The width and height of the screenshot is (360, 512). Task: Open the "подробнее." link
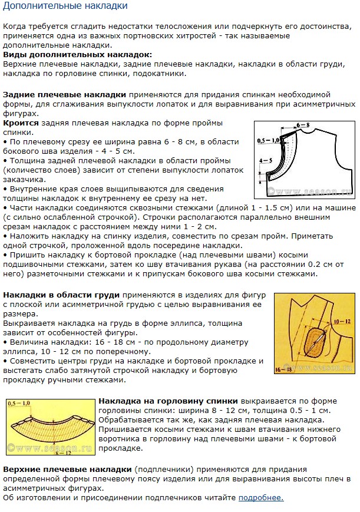(261, 498)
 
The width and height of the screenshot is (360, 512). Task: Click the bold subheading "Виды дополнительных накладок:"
(77, 54)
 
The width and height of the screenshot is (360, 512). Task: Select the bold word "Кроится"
(21, 123)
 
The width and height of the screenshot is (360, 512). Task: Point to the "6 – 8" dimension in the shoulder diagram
(303, 125)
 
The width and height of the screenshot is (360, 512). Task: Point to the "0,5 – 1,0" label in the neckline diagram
(19, 403)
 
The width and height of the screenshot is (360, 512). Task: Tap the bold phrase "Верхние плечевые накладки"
(67, 470)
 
